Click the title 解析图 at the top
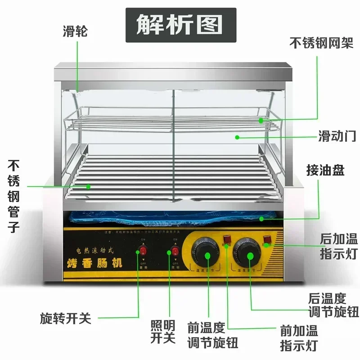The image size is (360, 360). (x=180, y=25)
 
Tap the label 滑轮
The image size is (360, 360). (x=75, y=32)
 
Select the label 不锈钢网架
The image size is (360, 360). (x=321, y=43)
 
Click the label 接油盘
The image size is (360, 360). (x=325, y=171)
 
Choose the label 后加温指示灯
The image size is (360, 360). (x=338, y=246)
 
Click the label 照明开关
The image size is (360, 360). (x=163, y=331)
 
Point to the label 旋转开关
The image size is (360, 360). (x=66, y=319)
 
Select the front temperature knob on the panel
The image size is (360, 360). (x=207, y=255)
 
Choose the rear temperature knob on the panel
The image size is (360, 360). (x=249, y=255)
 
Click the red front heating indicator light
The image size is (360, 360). (x=227, y=239)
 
